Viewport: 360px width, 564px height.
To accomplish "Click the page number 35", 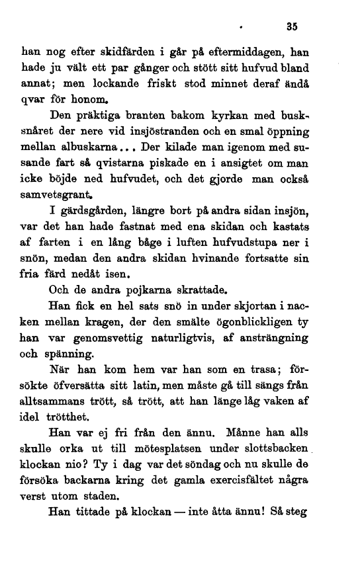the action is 292,28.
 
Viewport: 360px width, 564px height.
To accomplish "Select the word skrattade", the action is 194,326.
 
